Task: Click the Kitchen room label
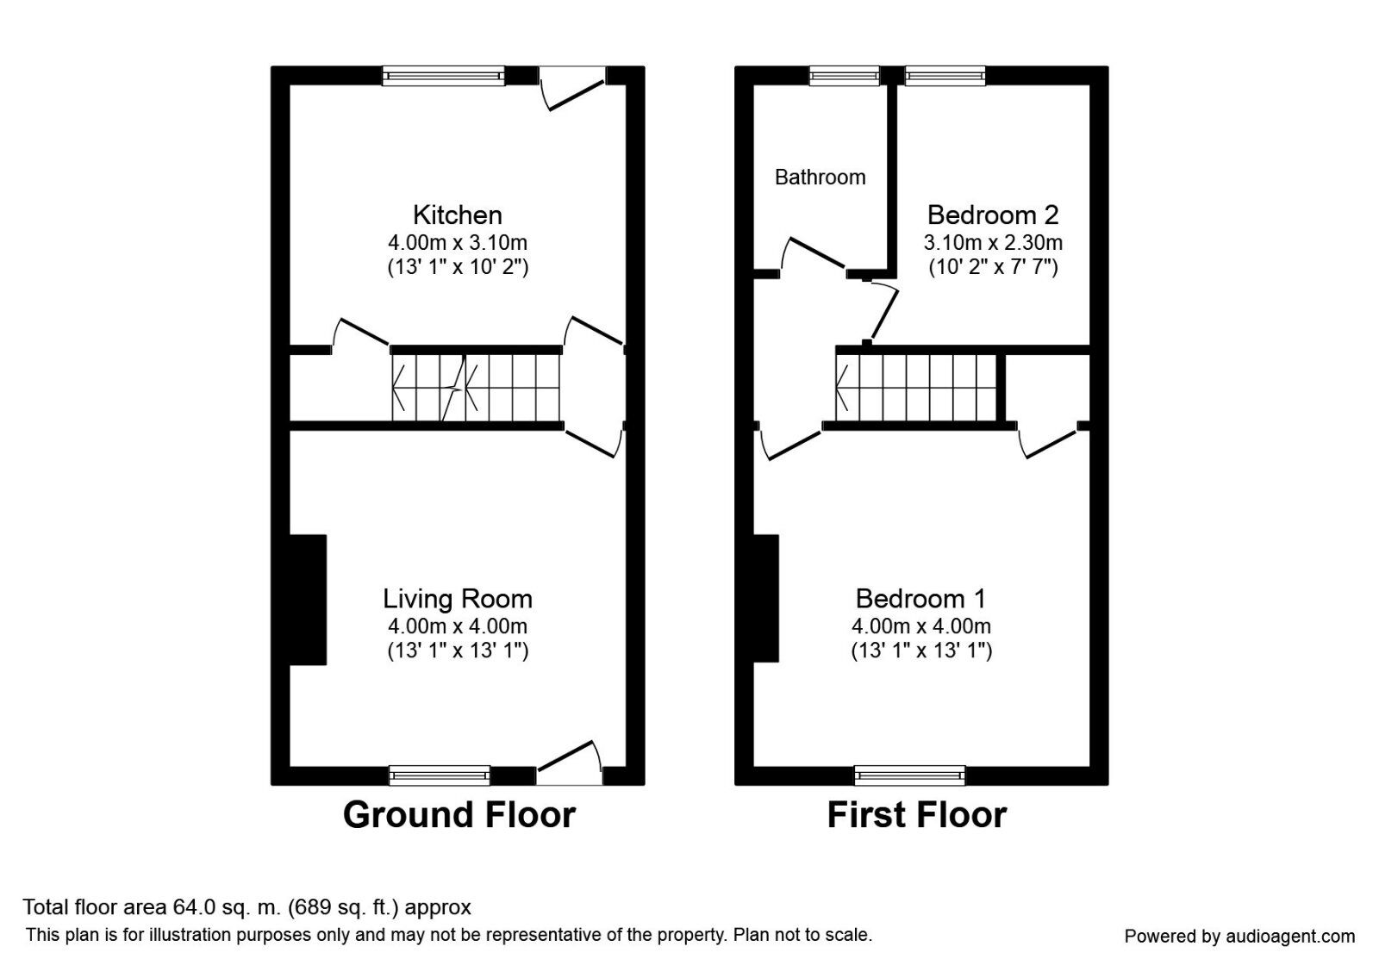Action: point(457,215)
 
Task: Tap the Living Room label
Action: point(457,599)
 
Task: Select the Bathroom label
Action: point(820,177)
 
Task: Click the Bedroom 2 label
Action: point(993,215)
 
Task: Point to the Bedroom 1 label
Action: point(920,599)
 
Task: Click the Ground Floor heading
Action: point(459,815)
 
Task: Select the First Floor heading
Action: point(916,815)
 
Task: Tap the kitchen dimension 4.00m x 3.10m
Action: point(457,242)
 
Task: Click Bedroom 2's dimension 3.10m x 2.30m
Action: point(993,242)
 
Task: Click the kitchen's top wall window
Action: point(444,76)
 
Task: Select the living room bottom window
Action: point(440,775)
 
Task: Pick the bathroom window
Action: point(845,76)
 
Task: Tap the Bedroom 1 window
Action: point(910,775)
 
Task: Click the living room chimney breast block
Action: point(308,600)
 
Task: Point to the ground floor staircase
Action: point(476,388)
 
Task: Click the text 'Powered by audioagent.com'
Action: point(1239,936)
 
